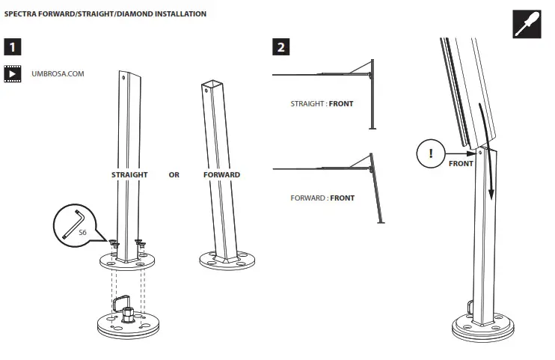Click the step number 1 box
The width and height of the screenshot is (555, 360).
coord(13,48)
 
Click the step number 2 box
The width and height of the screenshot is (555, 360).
coord(281,48)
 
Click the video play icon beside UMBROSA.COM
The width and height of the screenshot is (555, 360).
coord(13,74)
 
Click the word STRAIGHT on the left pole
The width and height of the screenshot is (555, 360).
coord(129,174)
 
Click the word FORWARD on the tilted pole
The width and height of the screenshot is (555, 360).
coord(221,174)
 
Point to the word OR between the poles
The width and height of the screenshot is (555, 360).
coord(174,174)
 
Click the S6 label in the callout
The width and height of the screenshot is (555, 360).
coord(83,233)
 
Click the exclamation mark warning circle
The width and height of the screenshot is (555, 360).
coord(430,155)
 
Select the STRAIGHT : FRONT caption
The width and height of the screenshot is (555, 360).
coord(322,104)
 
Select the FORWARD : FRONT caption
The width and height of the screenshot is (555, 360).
coord(322,198)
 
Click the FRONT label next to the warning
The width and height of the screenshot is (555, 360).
coord(461,163)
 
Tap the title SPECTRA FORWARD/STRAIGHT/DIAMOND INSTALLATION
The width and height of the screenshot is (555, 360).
coord(105,13)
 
